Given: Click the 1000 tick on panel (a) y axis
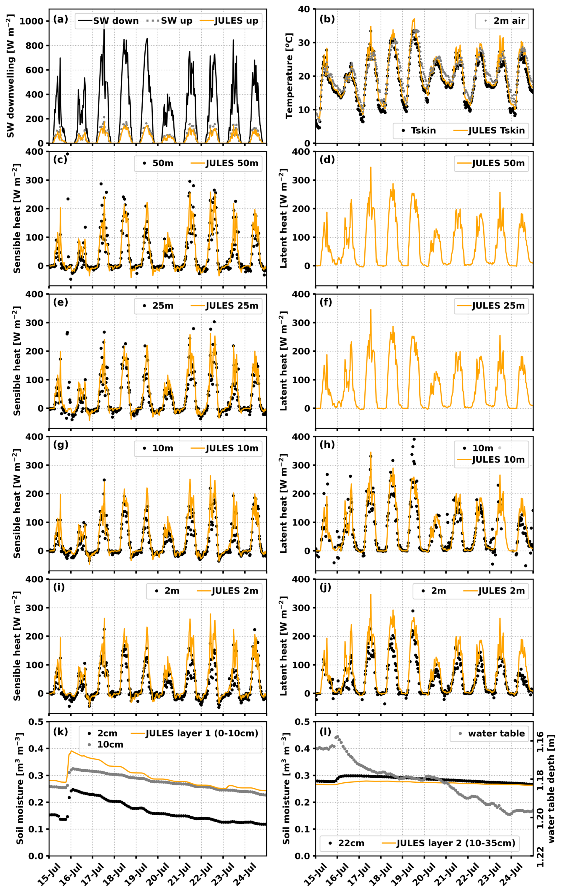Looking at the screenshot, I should pos(31,21).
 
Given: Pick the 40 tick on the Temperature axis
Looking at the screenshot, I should pos(304,9).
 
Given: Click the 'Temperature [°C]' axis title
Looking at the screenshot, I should pos(289,76).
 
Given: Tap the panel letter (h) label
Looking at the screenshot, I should pos(327,445).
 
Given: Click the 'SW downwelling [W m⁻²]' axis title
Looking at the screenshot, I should pos(10,76).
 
